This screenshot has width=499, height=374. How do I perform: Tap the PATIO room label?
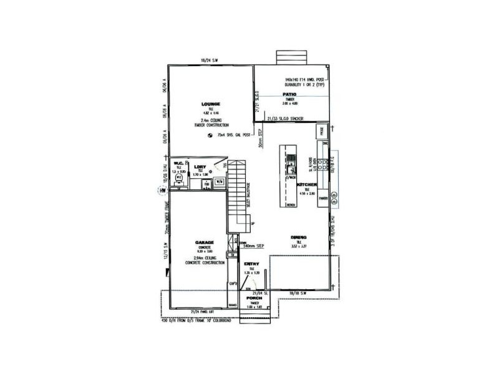pos(288,93)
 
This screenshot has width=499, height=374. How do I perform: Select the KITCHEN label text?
pos(308,186)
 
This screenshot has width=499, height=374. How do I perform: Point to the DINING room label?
pos(298,237)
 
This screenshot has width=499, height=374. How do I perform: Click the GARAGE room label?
pos(205,241)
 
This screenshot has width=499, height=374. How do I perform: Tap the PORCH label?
pos(254,299)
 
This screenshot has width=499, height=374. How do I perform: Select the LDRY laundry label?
pos(200,166)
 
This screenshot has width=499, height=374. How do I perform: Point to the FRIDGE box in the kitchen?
pos(322,132)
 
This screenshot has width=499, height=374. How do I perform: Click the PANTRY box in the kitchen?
pos(323,198)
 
